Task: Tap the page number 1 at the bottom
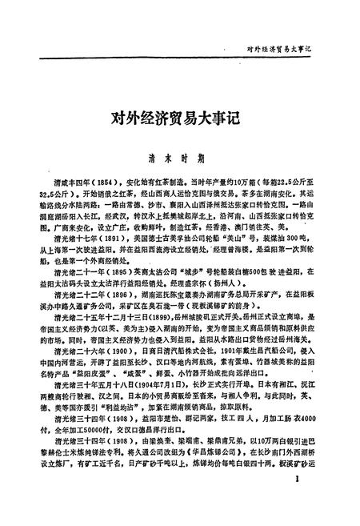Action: (x=297, y=502)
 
